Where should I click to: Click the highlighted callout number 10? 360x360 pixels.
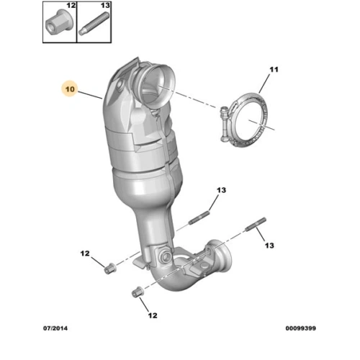point(70,89)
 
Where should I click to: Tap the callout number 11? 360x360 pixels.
point(274,70)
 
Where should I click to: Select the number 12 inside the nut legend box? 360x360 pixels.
point(71,5)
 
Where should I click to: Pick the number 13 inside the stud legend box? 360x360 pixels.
point(105,5)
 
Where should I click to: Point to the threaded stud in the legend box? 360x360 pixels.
point(94,24)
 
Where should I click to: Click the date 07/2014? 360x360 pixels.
point(55,328)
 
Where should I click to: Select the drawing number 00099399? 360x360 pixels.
point(300,328)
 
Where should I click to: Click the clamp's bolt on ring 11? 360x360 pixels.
point(225,125)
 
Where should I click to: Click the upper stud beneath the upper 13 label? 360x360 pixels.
point(199,217)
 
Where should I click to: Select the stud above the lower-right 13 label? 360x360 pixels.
point(256,225)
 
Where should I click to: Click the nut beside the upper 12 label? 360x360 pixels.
point(110,269)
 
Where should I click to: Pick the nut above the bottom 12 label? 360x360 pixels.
point(138,292)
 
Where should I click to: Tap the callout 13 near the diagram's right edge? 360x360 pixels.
point(269,246)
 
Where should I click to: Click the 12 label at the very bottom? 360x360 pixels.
point(153,315)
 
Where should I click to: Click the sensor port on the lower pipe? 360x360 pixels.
point(166,256)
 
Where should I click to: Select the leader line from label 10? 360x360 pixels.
point(90,95)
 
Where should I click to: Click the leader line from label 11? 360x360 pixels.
point(264,84)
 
